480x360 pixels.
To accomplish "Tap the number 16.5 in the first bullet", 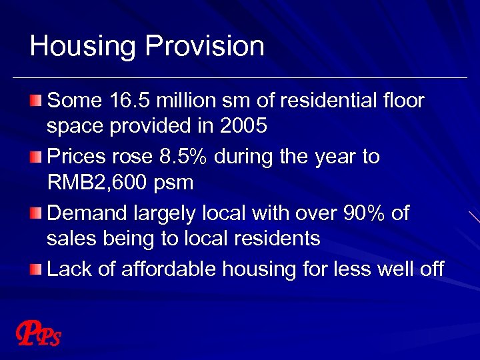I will coord(126,101).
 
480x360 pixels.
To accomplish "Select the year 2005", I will coord(243,126).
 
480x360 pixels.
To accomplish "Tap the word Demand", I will coord(85,213).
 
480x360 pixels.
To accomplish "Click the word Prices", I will coord(77,157).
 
